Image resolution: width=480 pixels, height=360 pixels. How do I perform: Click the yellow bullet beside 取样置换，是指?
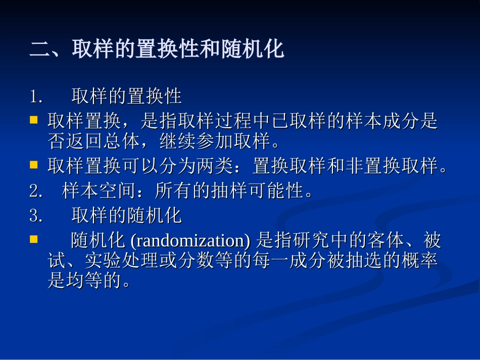pos(34,120)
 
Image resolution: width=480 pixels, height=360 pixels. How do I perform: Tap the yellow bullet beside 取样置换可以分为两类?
pos(34,164)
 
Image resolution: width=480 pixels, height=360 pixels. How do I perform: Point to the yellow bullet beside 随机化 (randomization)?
pos(34,239)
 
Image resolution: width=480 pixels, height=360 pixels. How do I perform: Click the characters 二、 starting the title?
pos(50,50)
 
